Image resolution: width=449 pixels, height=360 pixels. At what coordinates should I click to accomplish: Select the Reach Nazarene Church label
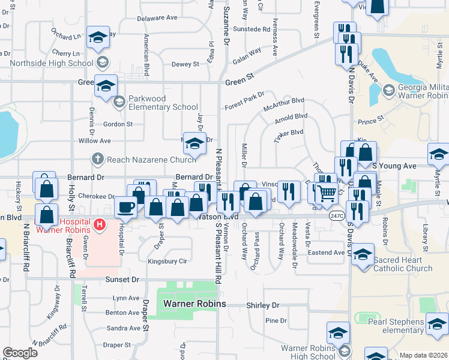coord(151,159)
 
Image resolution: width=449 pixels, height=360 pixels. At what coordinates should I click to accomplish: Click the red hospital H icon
coord(100,226)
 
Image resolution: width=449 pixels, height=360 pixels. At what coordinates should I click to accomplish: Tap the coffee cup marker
coord(125,207)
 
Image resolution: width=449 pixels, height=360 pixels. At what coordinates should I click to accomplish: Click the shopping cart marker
coord(327,193)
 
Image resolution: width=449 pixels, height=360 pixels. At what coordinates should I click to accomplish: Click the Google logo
coord(20,352)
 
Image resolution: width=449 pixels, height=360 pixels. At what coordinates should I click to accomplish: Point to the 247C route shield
coord(336,215)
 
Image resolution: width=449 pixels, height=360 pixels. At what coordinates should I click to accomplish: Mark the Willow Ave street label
coord(95,141)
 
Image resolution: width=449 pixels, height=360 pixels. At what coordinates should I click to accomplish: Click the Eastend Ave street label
coord(326,253)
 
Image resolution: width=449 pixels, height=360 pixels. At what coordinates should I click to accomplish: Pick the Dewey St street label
coord(185,64)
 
